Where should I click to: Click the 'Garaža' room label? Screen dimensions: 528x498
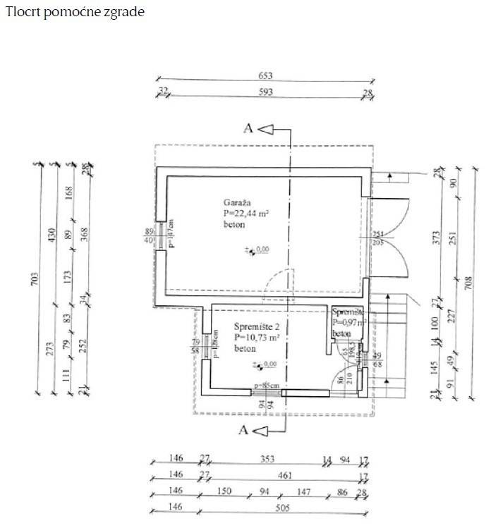pos(236,202)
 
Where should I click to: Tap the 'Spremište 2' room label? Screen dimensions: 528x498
pos(257,326)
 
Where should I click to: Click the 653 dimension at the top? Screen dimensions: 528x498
pos(265,75)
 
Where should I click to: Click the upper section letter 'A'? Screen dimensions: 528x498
pos(248,128)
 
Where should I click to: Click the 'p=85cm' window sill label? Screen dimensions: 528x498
pos(267,386)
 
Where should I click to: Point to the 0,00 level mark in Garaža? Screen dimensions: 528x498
pos(262,249)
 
